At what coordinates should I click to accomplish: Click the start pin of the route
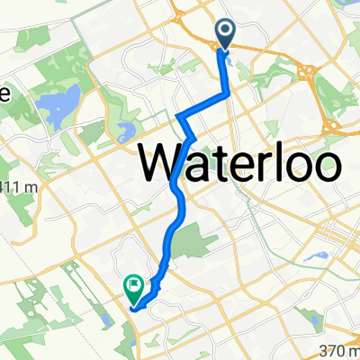[x=224, y=35]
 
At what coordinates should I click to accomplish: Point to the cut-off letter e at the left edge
[x=4, y=94]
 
